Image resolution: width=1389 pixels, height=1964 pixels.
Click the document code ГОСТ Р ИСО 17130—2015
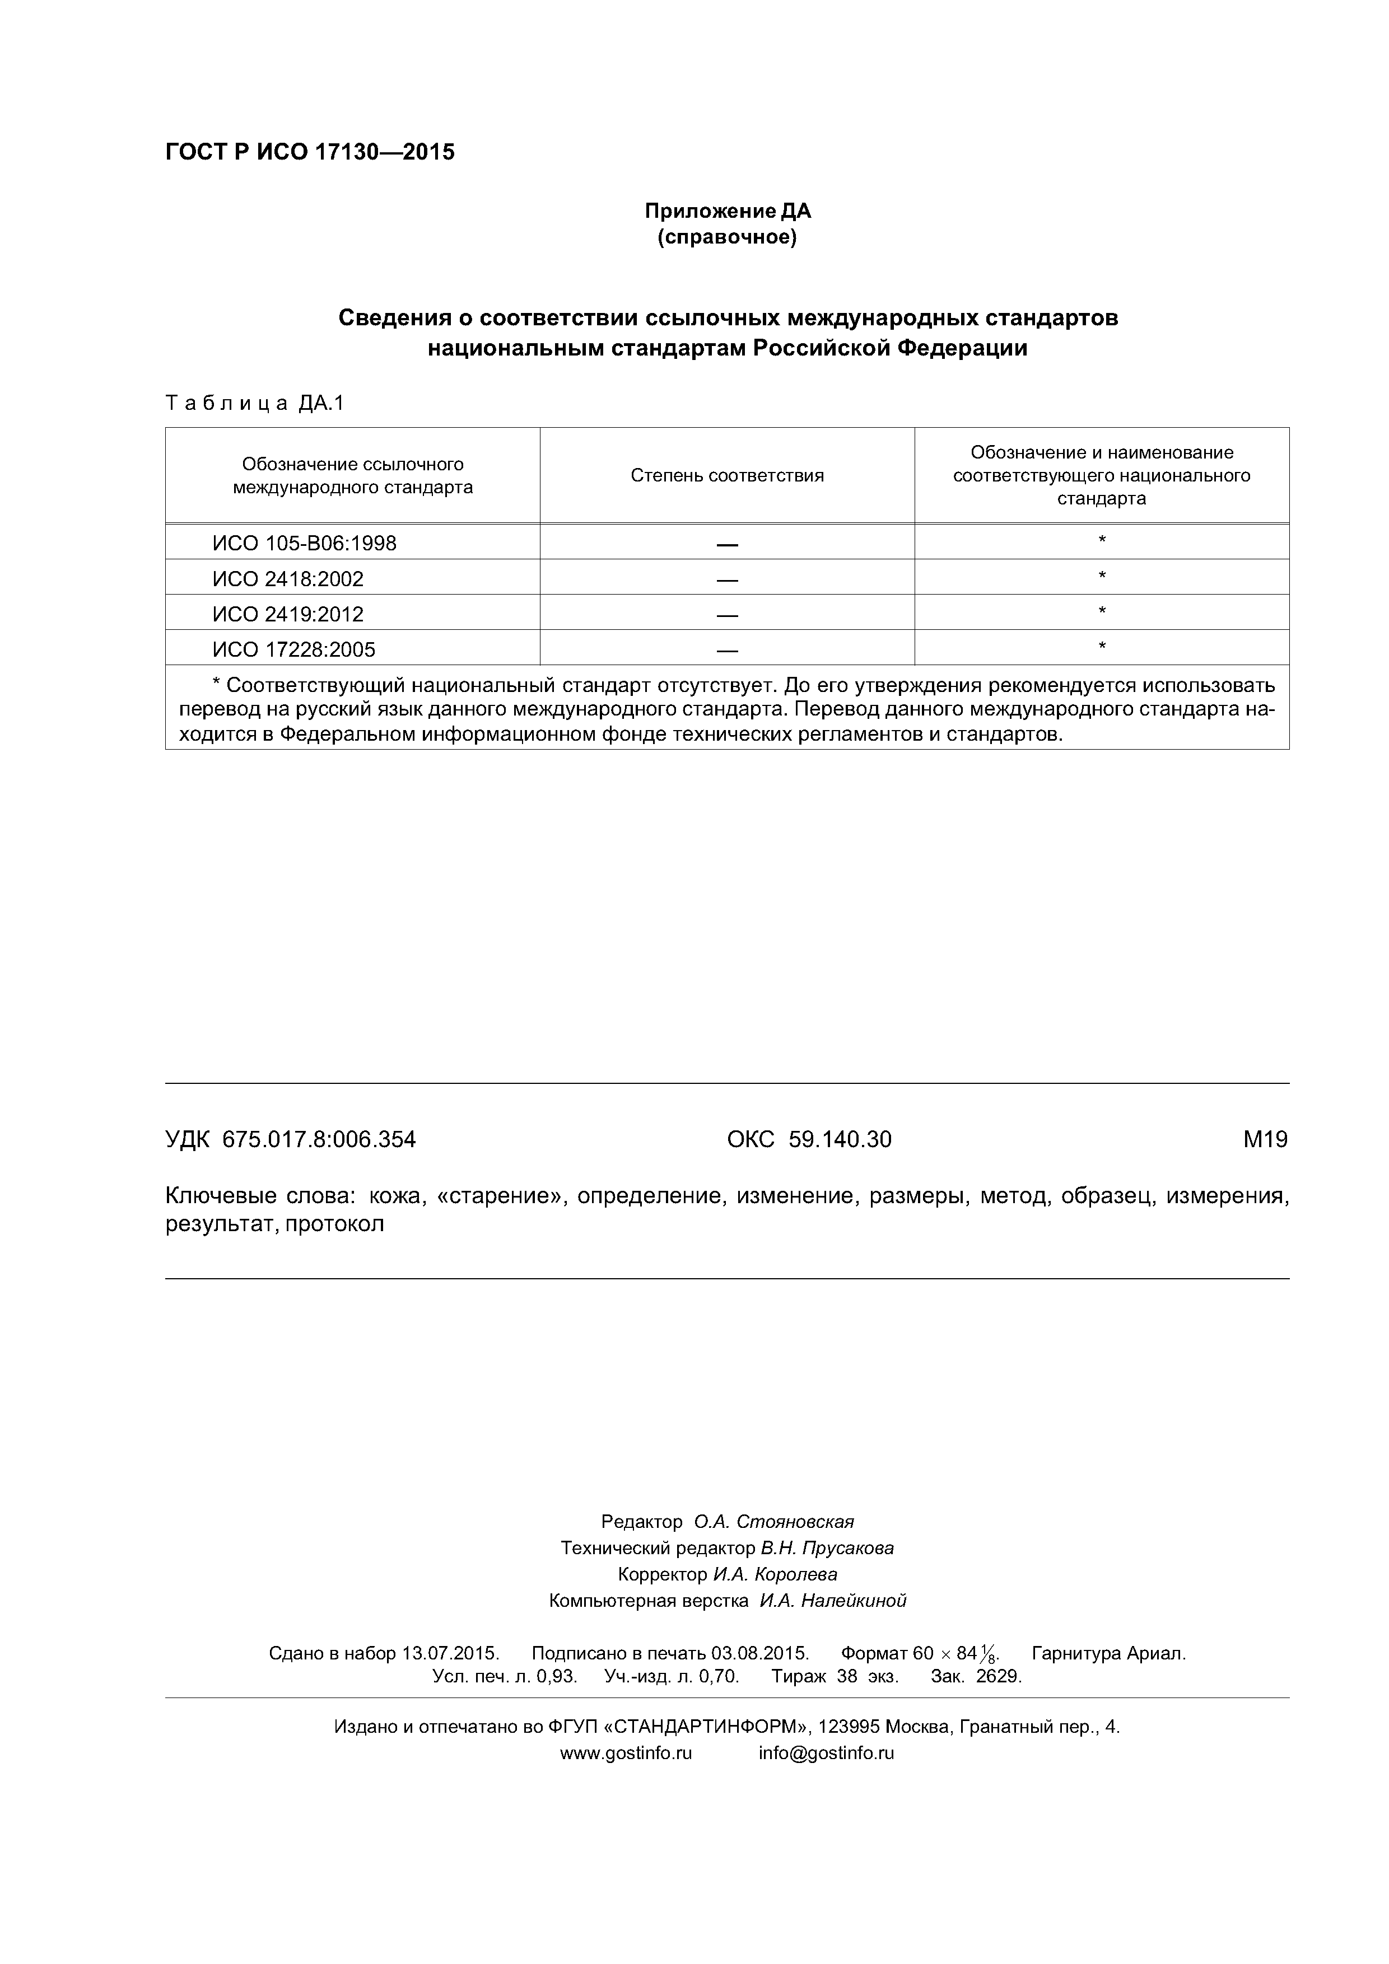coord(310,152)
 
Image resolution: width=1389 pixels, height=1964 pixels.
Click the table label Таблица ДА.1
coord(254,403)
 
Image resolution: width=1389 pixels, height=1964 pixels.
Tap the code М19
coord(1265,1139)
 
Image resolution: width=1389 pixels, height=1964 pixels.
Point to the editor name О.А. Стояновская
coord(773,1522)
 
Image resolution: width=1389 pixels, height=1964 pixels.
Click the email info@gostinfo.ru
coord(826,1753)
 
